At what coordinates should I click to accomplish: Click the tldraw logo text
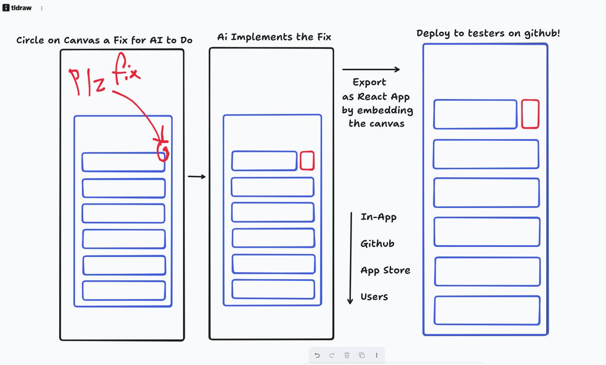[21, 8]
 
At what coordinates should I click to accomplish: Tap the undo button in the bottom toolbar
[317, 355]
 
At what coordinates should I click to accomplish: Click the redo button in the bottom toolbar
[332, 355]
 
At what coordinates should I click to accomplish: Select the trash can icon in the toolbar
[347, 355]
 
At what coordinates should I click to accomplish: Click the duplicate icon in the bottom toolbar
[362, 355]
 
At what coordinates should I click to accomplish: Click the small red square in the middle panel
[307, 161]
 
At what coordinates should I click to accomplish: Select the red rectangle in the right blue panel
[530, 114]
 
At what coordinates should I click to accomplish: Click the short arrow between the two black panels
[196, 177]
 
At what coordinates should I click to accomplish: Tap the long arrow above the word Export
[371, 70]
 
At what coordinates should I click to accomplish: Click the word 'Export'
[369, 82]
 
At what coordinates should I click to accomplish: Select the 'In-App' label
[378, 217]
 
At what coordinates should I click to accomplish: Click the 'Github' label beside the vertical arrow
[377, 244]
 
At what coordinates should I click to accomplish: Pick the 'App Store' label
[385, 271]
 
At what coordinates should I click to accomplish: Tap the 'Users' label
[374, 297]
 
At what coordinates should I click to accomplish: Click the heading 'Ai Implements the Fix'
[274, 37]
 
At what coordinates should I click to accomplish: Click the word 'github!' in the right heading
[542, 33]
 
